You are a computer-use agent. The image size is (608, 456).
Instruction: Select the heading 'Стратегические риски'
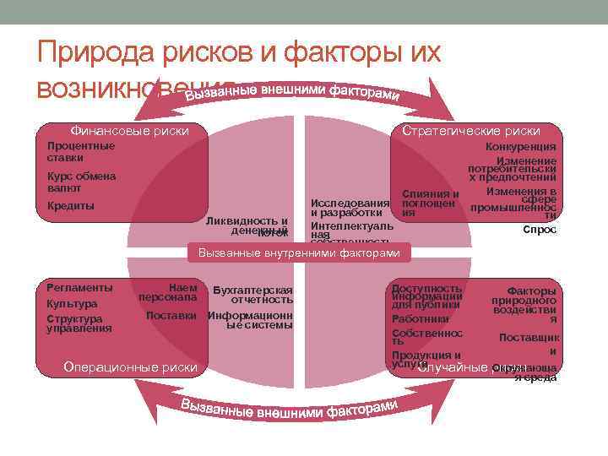tap(470, 131)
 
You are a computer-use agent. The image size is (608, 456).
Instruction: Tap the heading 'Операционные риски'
tap(130, 366)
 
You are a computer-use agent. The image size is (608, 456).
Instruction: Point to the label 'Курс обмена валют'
tap(81, 182)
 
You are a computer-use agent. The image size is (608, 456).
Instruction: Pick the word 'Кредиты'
tap(71, 206)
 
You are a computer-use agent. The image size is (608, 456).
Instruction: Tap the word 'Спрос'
tap(540, 230)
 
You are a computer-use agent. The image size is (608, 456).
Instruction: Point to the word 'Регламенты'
tap(79, 288)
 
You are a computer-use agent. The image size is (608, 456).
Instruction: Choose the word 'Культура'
tap(72, 304)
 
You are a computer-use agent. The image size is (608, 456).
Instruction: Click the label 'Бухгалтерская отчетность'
tap(252, 295)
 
